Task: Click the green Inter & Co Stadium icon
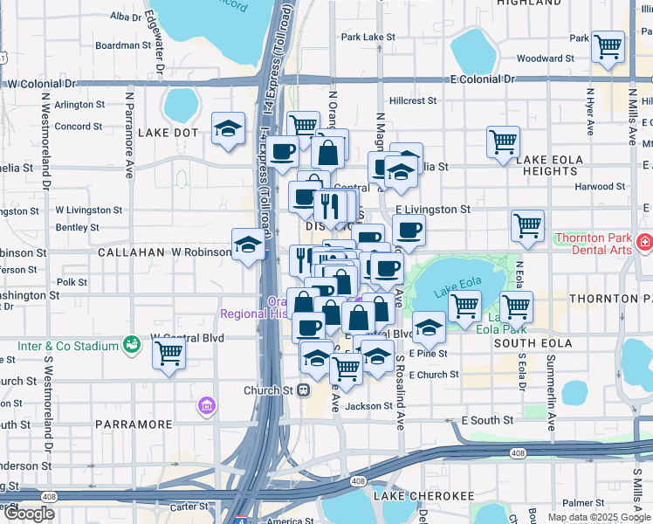click(x=131, y=346)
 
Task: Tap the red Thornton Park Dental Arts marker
click(x=644, y=242)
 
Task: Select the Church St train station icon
click(x=304, y=390)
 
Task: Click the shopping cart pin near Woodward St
click(x=607, y=46)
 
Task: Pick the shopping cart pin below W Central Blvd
click(x=168, y=354)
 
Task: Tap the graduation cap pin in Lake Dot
click(x=228, y=129)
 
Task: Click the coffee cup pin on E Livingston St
click(x=409, y=231)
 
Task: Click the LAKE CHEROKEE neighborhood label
click(x=424, y=496)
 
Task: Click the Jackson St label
click(x=368, y=406)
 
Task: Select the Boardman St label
click(x=123, y=45)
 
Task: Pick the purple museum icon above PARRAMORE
click(x=206, y=405)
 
